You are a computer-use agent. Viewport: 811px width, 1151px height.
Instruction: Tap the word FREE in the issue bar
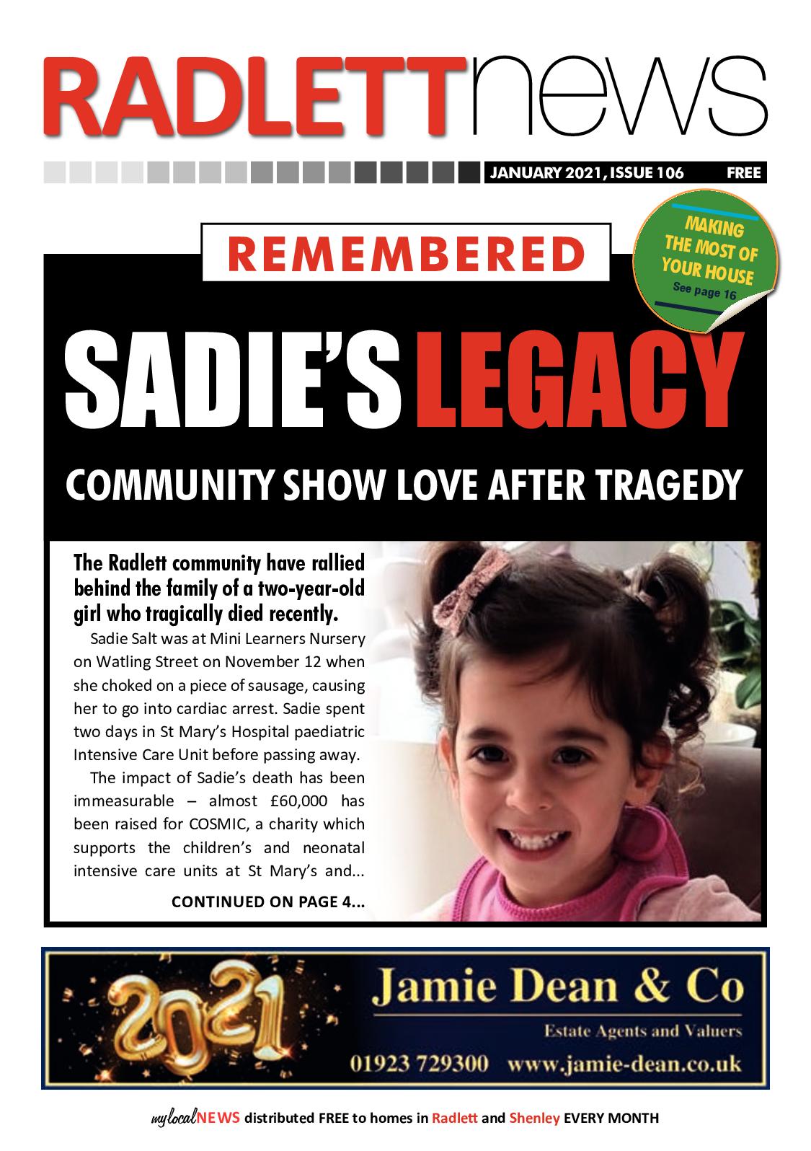[743, 173]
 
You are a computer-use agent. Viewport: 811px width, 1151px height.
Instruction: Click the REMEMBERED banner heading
[407, 252]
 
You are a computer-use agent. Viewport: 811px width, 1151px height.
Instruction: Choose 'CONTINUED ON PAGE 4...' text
[267, 901]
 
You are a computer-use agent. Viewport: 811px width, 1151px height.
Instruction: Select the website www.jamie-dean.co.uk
[624, 1064]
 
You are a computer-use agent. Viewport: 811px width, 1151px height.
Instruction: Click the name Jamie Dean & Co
[556, 989]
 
